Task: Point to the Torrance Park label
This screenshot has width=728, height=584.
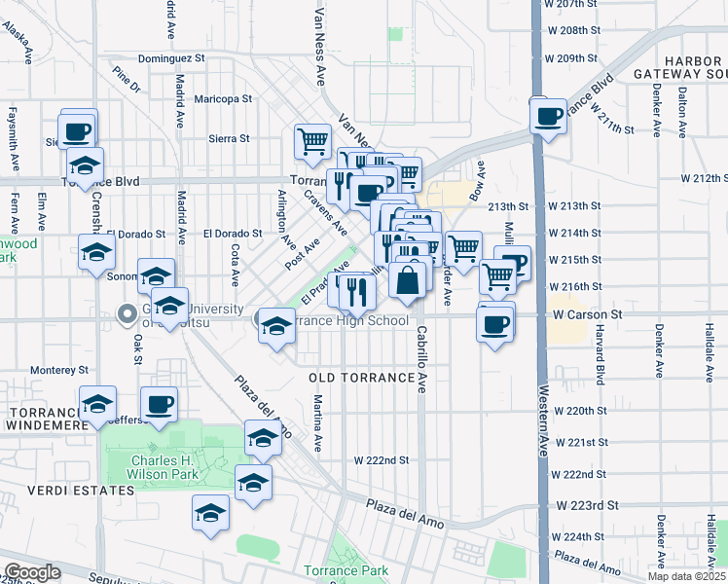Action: [346, 570]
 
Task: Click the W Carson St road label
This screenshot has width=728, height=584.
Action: [587, 315]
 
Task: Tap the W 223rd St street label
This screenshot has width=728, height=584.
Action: [588, 505]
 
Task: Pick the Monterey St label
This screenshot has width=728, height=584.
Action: [58, 370]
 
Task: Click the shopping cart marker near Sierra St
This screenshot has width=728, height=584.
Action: [312, 141]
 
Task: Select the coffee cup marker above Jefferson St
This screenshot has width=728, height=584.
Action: [159, 403]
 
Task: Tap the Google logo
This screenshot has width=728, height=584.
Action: [32, 572]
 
